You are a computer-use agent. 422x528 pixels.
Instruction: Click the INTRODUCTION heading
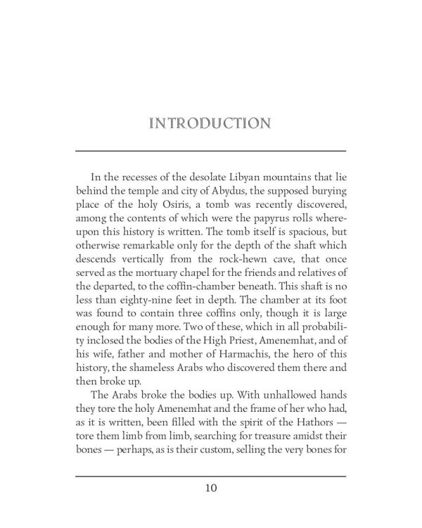pyautogui.click(x=211, y=124)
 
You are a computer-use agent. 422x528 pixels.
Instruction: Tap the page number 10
pyautogui.click(x=211, y=486)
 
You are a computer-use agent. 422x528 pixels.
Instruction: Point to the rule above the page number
pyautogui.click(x=211, y=476)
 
